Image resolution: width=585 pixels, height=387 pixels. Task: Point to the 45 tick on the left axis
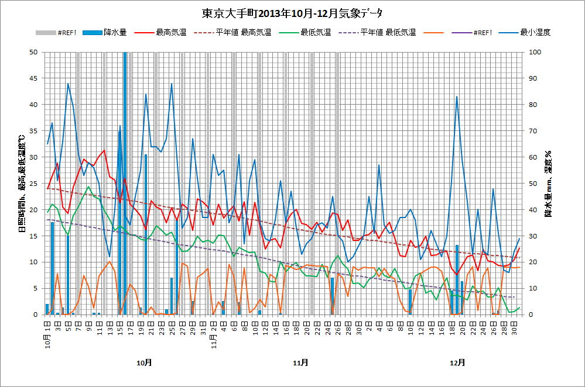click(x=34, y=78)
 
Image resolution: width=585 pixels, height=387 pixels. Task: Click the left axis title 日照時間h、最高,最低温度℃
click(x=22, y=183)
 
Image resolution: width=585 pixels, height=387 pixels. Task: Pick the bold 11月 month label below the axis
click(x=300, y=362)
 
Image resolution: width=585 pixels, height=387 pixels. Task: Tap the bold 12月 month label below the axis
click(x=457, y=362)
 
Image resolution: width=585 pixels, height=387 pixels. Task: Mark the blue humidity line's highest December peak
click(x=457, y=96)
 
